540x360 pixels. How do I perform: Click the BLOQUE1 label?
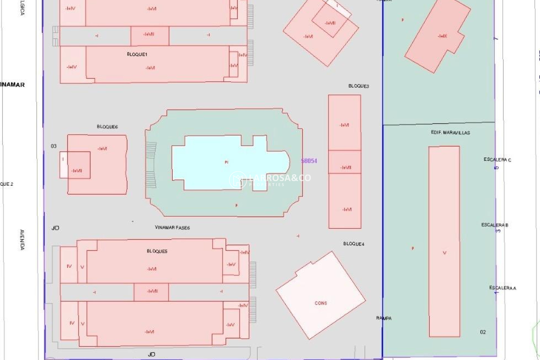click(137, 54)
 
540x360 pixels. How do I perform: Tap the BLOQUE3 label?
click(359, 86)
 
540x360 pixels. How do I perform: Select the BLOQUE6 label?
click(107, 127)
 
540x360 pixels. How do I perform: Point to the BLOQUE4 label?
click(354, 244)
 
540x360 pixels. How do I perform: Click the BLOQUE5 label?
click(157, 251)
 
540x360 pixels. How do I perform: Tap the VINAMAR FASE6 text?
click(172, 228)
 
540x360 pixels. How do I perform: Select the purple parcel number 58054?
click(309, 161)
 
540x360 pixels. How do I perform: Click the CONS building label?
click(321, 303)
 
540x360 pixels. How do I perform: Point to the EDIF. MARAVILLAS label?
click(450, 132)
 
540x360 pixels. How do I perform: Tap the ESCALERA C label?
click(497, 160)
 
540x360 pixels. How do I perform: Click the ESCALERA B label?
click(495, 225)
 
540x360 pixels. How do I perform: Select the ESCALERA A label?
click(503, 288)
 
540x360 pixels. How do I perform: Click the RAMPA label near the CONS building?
click(384, 318)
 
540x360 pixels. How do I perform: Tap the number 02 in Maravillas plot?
click(483, 332)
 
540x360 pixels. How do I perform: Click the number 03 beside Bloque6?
click(54, 146)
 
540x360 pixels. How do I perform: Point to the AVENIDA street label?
click(22, 240)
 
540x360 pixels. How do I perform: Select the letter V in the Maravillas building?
click(444, 253)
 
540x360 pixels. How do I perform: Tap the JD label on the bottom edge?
click(151, 354)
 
